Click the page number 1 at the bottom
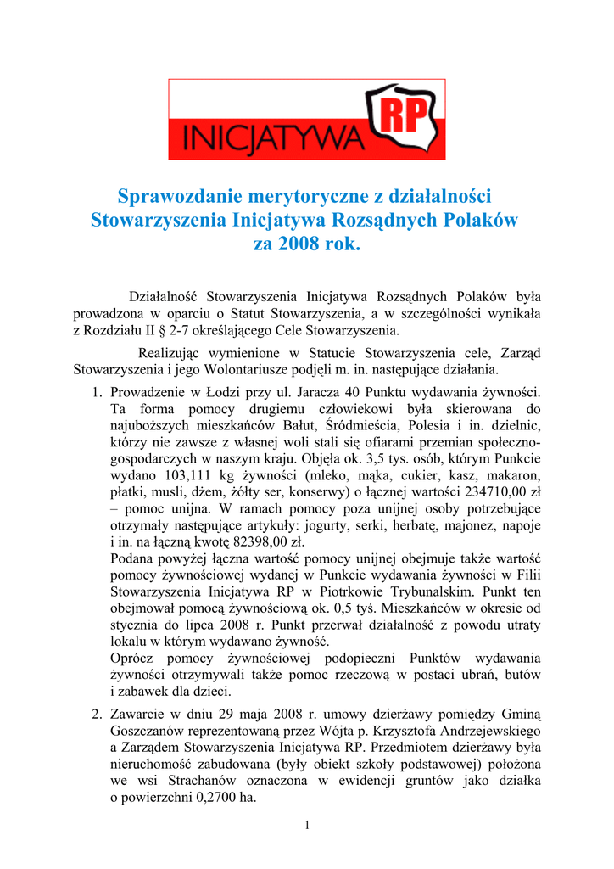[307, 827]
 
